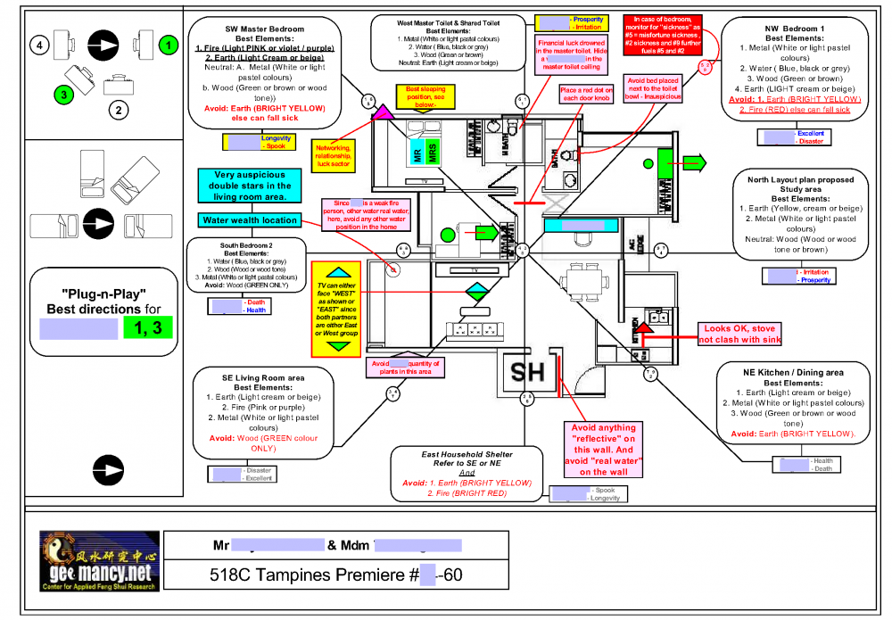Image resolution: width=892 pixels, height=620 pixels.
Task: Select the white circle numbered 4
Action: click(x=37, y=43)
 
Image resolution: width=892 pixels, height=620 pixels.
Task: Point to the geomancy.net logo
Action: click(x=98, y=561)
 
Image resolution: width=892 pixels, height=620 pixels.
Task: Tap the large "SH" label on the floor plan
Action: click(x=527, y=371)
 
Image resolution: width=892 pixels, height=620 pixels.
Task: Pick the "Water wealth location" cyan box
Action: click(x=249, y=220)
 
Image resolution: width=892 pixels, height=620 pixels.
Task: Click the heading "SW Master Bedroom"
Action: click(x=264, y=29)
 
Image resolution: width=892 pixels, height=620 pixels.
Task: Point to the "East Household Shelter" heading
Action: click(x=467, y=454)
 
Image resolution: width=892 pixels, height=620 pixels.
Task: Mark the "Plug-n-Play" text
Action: click(x=103, y=294)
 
